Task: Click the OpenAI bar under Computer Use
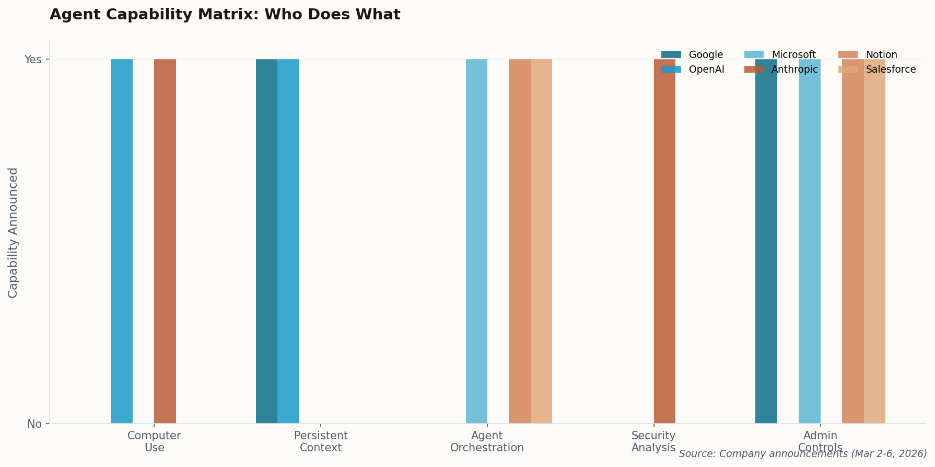tap(122, 241)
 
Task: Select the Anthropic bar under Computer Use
tap(165, 241)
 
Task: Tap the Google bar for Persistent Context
tap(266, 241)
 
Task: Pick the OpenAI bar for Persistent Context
tap(288, 241)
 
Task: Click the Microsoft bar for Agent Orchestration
tap(476, 241)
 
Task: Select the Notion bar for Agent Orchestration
tap(520, 241)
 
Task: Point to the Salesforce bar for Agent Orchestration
tap(541, 241)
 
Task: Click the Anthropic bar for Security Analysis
tap(664, 241)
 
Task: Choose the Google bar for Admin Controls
tap(766, 241)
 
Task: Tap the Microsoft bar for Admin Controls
tap(810, 241)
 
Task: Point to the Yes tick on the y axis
tap(33, 60)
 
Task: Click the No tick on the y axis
tap(34, 424)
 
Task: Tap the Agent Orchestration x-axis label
tap(487, 442)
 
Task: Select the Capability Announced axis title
tap(13, 233)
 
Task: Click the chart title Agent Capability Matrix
tap(225, 15)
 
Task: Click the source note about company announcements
tap(802, 454)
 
